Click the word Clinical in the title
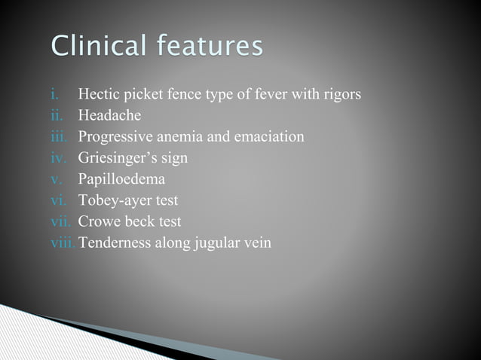(x=96, y=46)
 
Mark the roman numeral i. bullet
(x=54, y=95)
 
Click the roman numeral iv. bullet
(x=58, y=159)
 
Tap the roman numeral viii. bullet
(x=63, y=243)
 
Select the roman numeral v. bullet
(x=57, y=180)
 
